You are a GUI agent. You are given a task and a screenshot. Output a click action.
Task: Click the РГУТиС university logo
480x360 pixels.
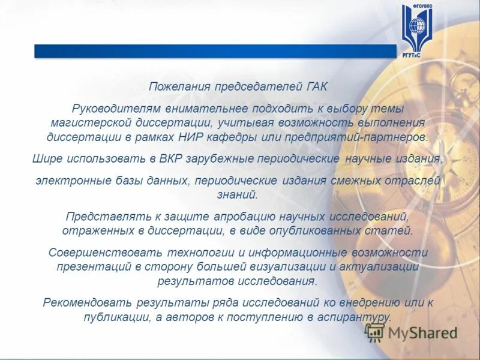[x=416, y=29]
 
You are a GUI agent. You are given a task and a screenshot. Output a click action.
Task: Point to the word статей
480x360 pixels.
[x=391, y=230]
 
